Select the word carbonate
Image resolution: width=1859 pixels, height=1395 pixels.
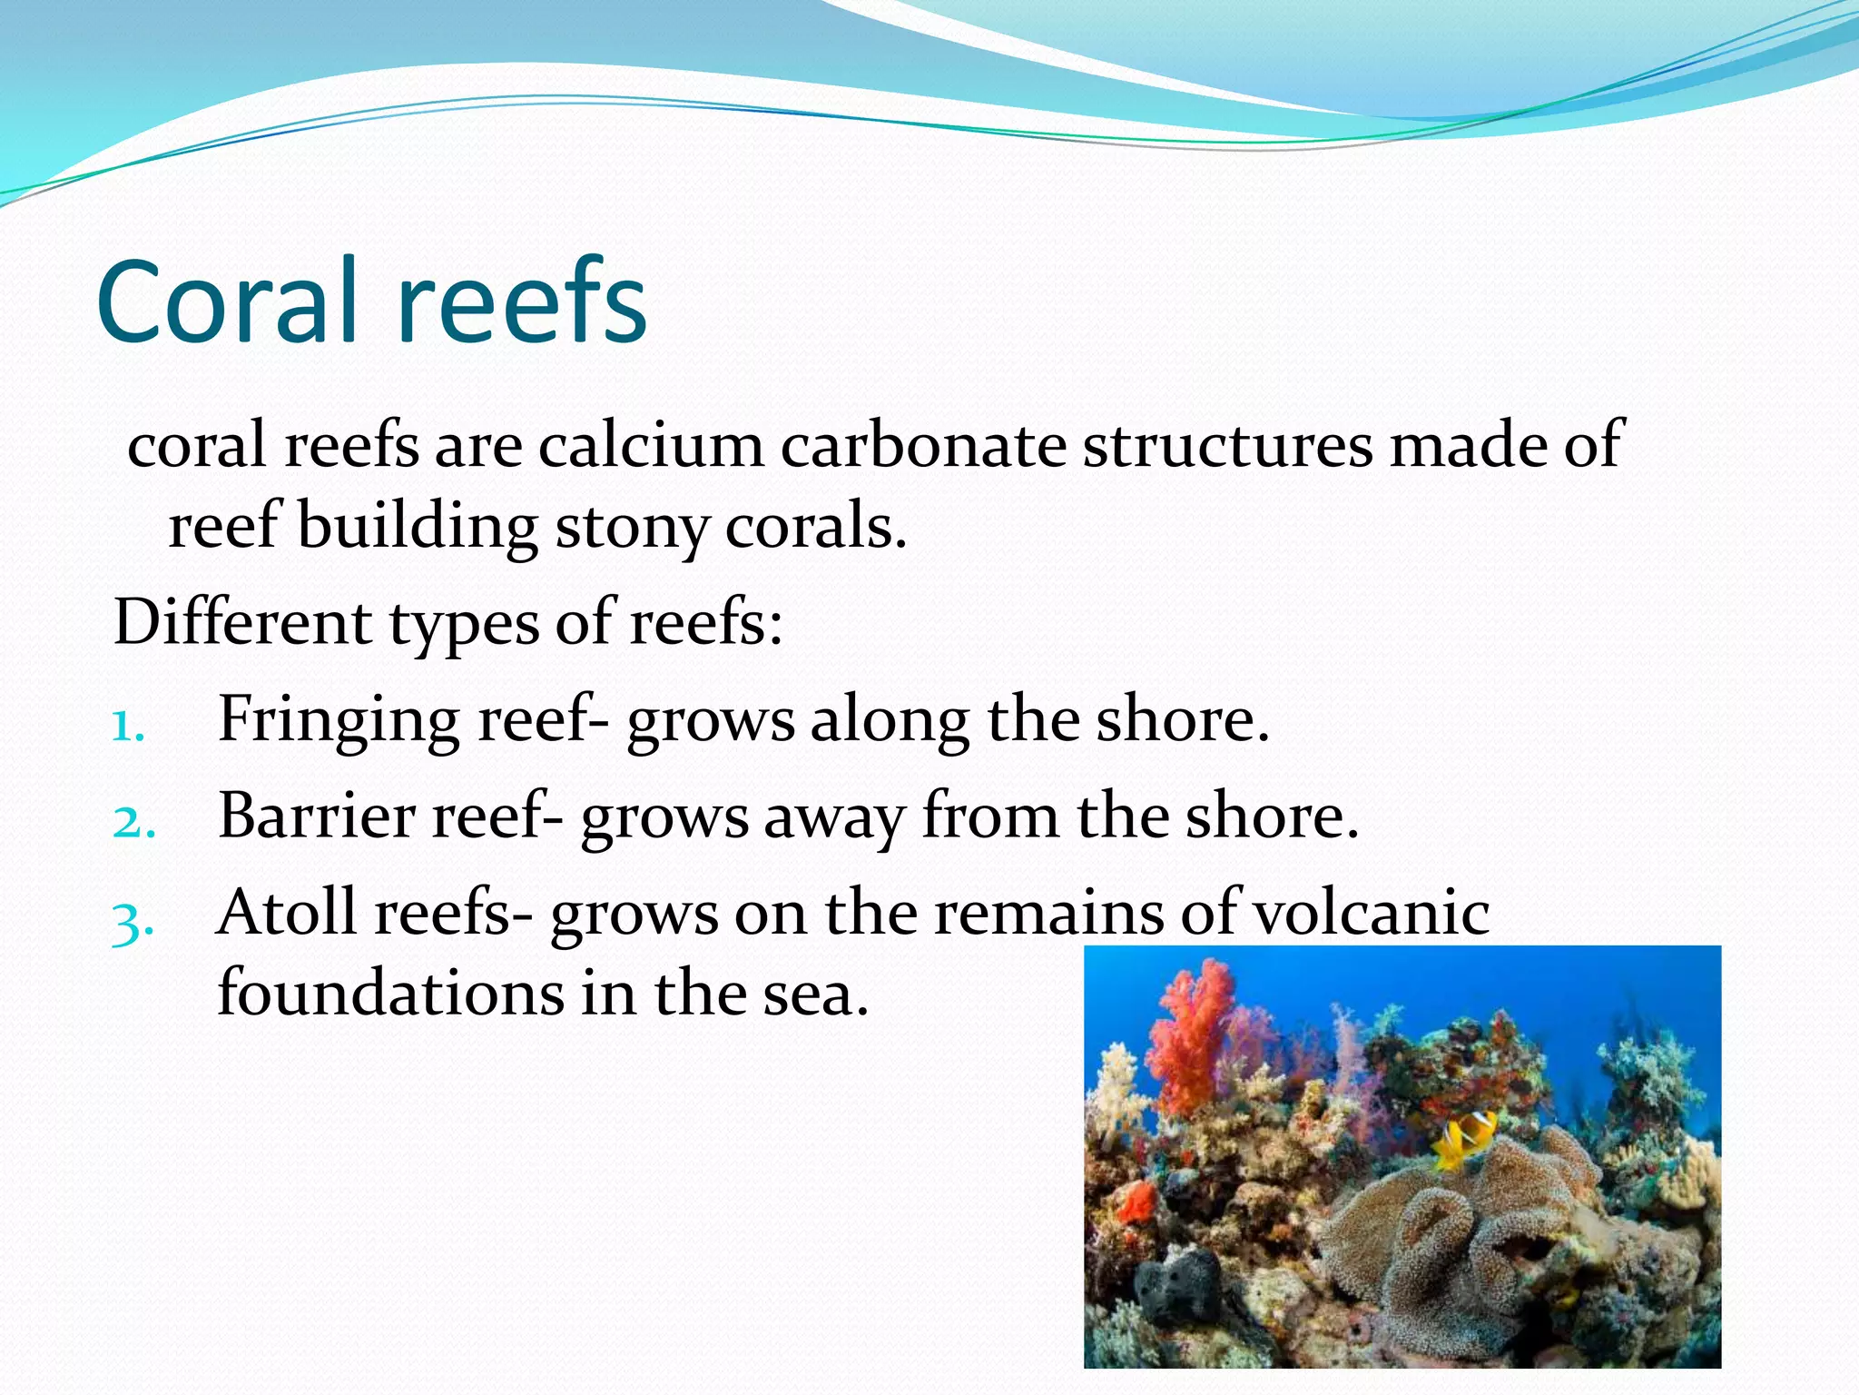click(x=923, y=445)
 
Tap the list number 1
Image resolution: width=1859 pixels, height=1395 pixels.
click(x=128, y=727)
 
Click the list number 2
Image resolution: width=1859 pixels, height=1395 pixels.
click(x=133, y=823)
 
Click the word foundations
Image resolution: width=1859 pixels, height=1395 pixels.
click(x=390, y=993)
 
